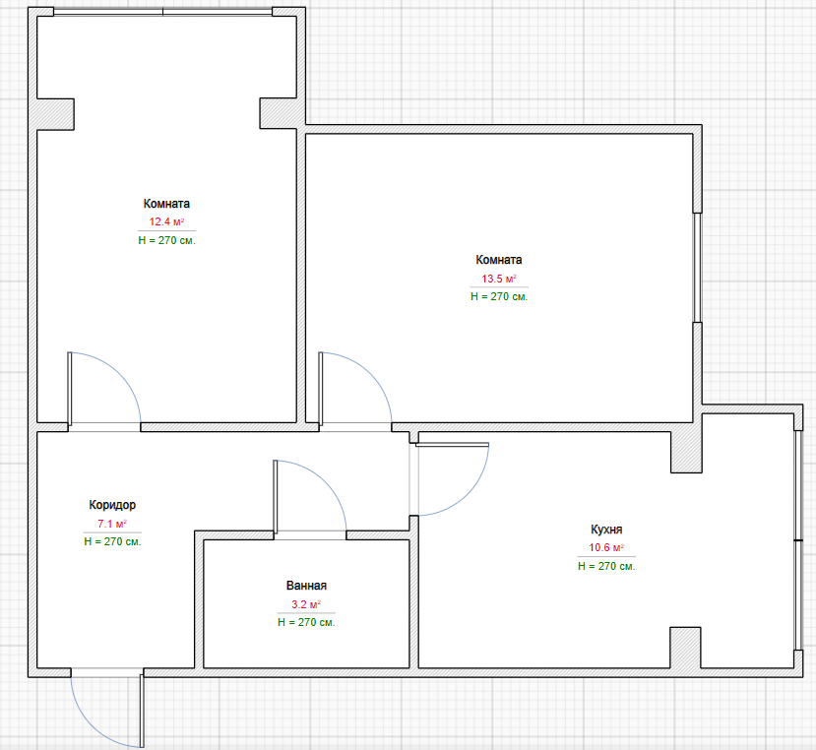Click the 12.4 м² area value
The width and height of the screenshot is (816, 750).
(166, 221)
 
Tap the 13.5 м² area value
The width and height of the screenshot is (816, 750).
(498, 279)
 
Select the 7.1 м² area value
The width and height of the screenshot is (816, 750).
(112, 524)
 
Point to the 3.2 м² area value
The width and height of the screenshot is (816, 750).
(306, 604)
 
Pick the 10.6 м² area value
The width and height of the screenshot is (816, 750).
(606, 547)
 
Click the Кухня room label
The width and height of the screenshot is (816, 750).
(606, 530)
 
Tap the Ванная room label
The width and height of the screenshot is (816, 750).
(306, 586)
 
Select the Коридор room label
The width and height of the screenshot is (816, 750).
(112, 505)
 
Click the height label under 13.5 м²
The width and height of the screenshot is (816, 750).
(498, 296)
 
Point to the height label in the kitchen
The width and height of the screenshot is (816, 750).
(606, 566)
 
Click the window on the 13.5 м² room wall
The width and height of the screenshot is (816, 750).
(697, 268)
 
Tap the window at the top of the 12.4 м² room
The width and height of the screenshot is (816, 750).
(162, 12)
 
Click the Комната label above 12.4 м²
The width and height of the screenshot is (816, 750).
(166, 204)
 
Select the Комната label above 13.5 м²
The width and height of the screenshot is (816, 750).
(498, 260)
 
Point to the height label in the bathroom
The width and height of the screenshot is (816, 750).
(306, 622)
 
